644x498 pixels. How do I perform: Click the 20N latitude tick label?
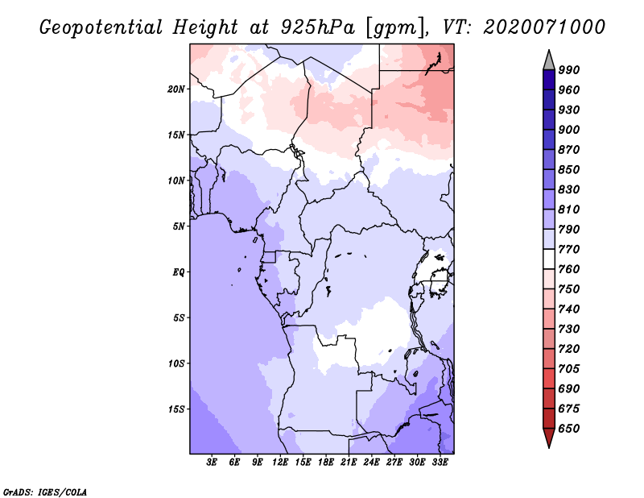[176, 89]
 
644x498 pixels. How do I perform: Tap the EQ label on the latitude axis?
[178, 272]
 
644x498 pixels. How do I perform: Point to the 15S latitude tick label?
[176, 409]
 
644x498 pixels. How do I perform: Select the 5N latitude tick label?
[179, 226]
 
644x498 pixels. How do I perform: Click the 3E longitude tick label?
[212, 462]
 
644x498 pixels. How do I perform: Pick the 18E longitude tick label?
[326, 462]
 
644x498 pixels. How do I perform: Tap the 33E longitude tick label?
[440, 462]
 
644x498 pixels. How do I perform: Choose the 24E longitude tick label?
[371, 462]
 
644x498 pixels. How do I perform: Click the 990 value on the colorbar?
[569, 70]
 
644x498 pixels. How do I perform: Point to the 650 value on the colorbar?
[569, 429]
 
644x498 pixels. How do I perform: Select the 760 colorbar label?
[569, 269]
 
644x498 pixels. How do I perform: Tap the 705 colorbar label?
[569, 368]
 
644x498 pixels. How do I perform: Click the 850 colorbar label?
[569, 169]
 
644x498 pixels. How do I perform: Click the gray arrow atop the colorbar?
[549, 60]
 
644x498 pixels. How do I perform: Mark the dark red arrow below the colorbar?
[549, 438]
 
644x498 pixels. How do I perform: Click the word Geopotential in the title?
[101, 27]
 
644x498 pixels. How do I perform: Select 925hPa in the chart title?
[318, 27]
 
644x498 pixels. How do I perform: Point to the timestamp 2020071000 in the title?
[544, 27]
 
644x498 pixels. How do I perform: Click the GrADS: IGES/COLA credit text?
[45, 492]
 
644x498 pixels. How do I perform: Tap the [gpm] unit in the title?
[395, 28]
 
